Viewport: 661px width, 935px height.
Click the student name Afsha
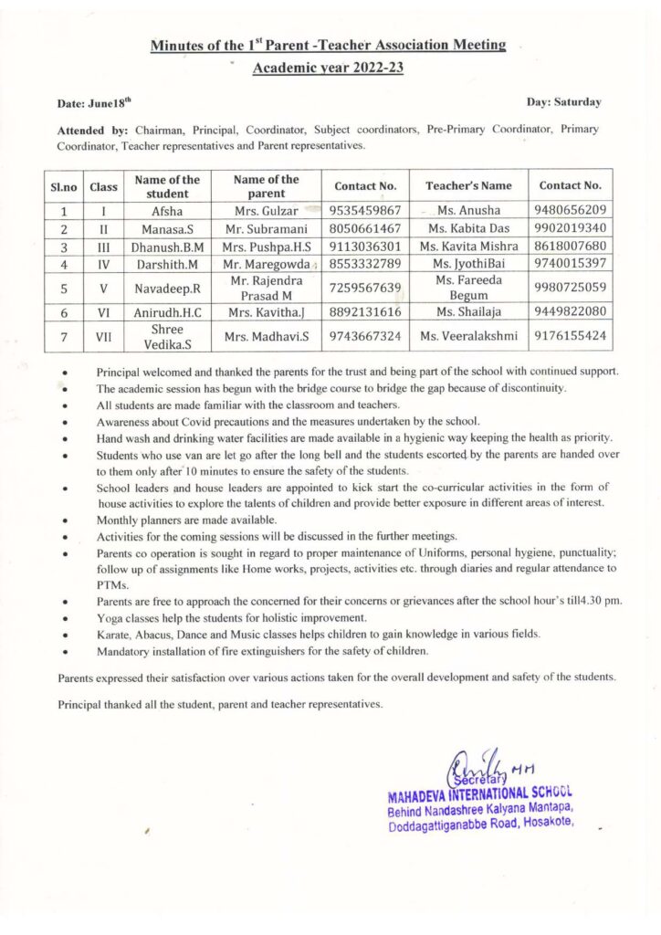click(167, 209)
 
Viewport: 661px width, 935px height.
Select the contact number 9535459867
click(365, 209)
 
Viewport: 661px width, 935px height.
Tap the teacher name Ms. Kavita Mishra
click(468, 247)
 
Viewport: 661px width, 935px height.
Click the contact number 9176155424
click(571, 336)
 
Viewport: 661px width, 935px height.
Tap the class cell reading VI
click(104, 311)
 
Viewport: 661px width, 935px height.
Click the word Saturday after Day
click(576, 102)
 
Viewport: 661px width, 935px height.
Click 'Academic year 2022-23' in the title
click(328, 68)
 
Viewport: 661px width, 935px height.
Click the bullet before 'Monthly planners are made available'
click(65, 519)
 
